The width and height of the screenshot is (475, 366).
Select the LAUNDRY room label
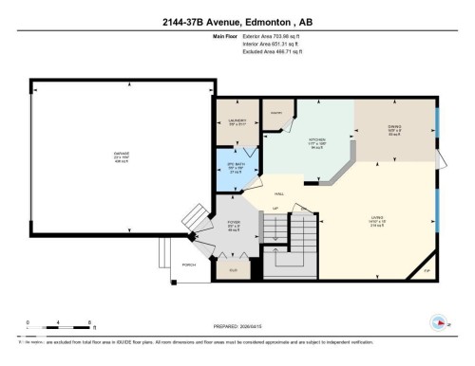(x=237, y=122)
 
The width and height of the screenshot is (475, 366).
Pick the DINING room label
(x=394, y=130)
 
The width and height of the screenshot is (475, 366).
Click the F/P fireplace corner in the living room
(x=426, y=271)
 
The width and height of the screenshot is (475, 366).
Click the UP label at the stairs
(x=275, y=208)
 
